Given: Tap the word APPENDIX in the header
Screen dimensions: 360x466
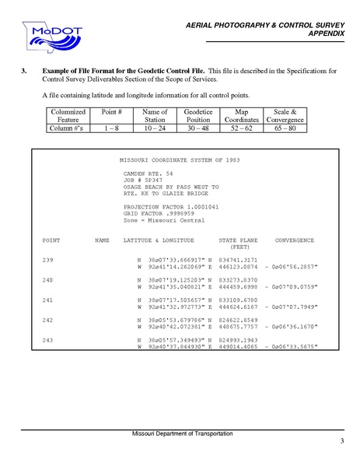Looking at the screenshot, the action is (x=327, y=35).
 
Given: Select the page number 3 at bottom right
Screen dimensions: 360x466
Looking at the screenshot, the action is (x=341, y=442).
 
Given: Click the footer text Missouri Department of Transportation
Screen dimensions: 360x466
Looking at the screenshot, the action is (x=180, y=433).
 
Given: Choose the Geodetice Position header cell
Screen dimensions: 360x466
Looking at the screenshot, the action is (x=198, y=117).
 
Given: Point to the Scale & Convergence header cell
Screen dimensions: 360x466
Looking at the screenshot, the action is (x=281, y=117).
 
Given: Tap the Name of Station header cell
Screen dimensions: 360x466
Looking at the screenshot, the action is (x=156, y=117).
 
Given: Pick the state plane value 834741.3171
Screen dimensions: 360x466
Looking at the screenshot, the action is (x=238, y=259).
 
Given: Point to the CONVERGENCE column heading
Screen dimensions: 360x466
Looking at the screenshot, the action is (x=295, y=240).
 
